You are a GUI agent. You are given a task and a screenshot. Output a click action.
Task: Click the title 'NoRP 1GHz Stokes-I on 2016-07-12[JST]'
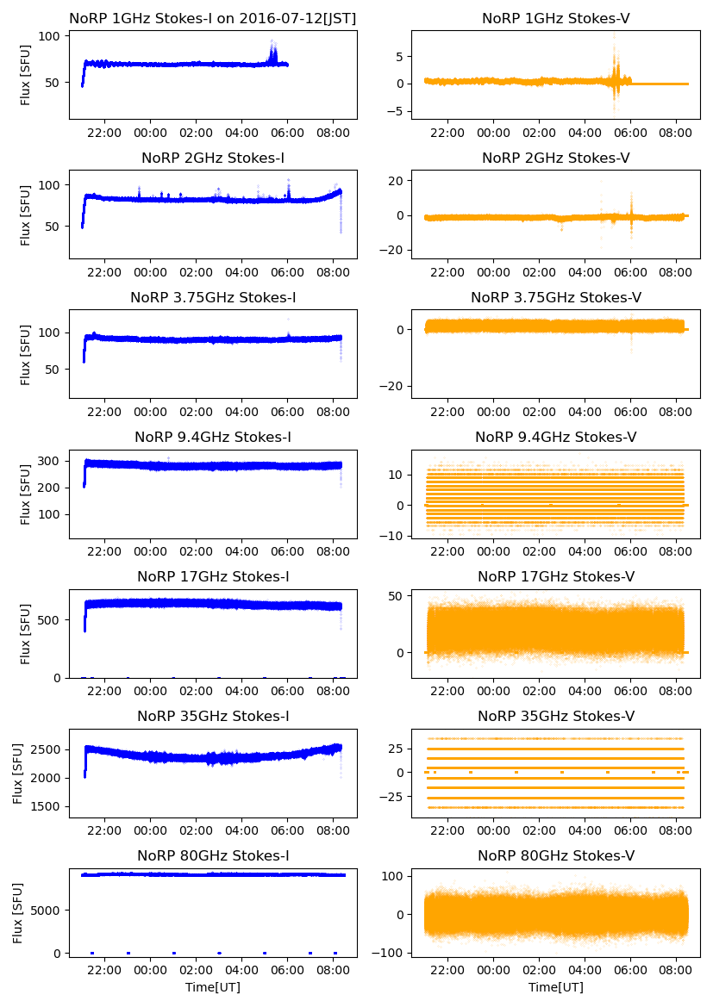pyautogui.click(x=213, y=18)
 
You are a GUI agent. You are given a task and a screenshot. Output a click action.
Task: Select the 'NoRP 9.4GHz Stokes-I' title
pyautogui.click(x=213, y=437)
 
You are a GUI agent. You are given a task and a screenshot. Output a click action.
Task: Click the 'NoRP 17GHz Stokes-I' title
pyautogui.click(x=213, y=576)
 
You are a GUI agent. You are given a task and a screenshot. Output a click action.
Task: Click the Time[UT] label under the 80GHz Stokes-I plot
pyautogui.click(x=213, y=987)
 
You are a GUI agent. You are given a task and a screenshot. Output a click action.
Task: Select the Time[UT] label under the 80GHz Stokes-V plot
pyautogui.click(x=556, y=987)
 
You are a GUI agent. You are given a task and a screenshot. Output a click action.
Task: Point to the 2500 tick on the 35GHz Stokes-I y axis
pyautogui.click(x=47, y=749)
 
